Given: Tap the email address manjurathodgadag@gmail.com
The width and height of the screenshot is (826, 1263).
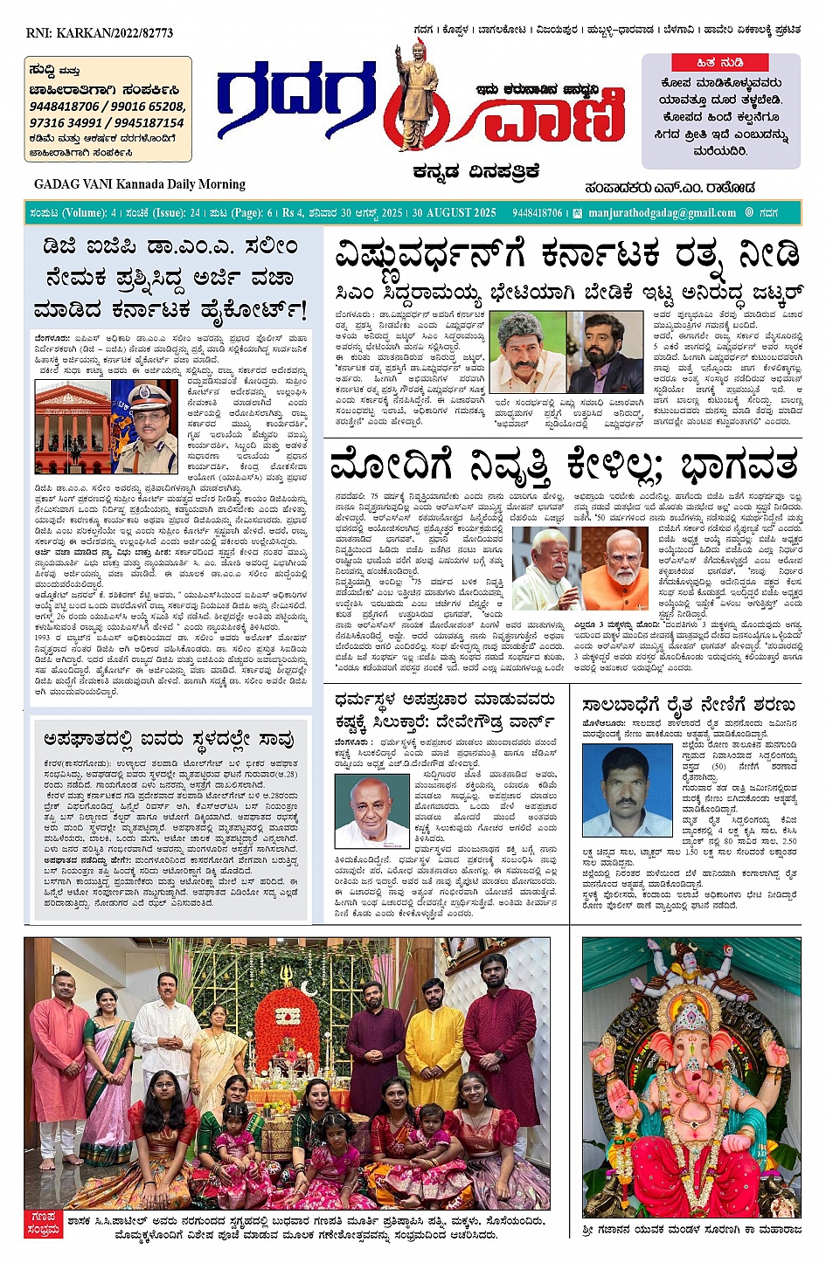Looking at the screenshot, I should pyautogui.click(x=662, y=212).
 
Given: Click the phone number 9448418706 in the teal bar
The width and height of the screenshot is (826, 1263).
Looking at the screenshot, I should pyautogui.click(x=538, y=212).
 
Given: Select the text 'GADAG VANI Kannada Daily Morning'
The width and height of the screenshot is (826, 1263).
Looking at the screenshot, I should pyautogui.click(x=140, y=184).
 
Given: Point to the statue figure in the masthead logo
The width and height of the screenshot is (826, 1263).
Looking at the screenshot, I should pyautogui.click(x=412, y=96).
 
